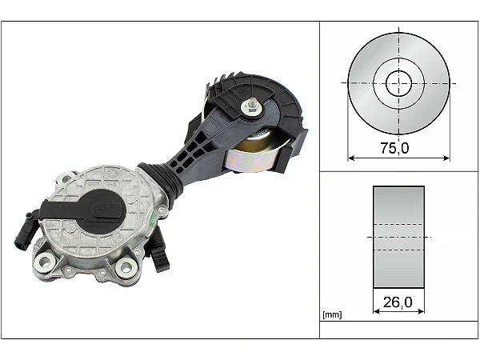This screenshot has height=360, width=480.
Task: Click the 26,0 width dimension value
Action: point(398,303)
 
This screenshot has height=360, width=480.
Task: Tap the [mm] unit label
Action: point(331,314)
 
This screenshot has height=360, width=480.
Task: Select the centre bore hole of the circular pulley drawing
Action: point(398,82)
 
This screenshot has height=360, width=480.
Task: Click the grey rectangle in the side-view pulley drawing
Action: point(398,238)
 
